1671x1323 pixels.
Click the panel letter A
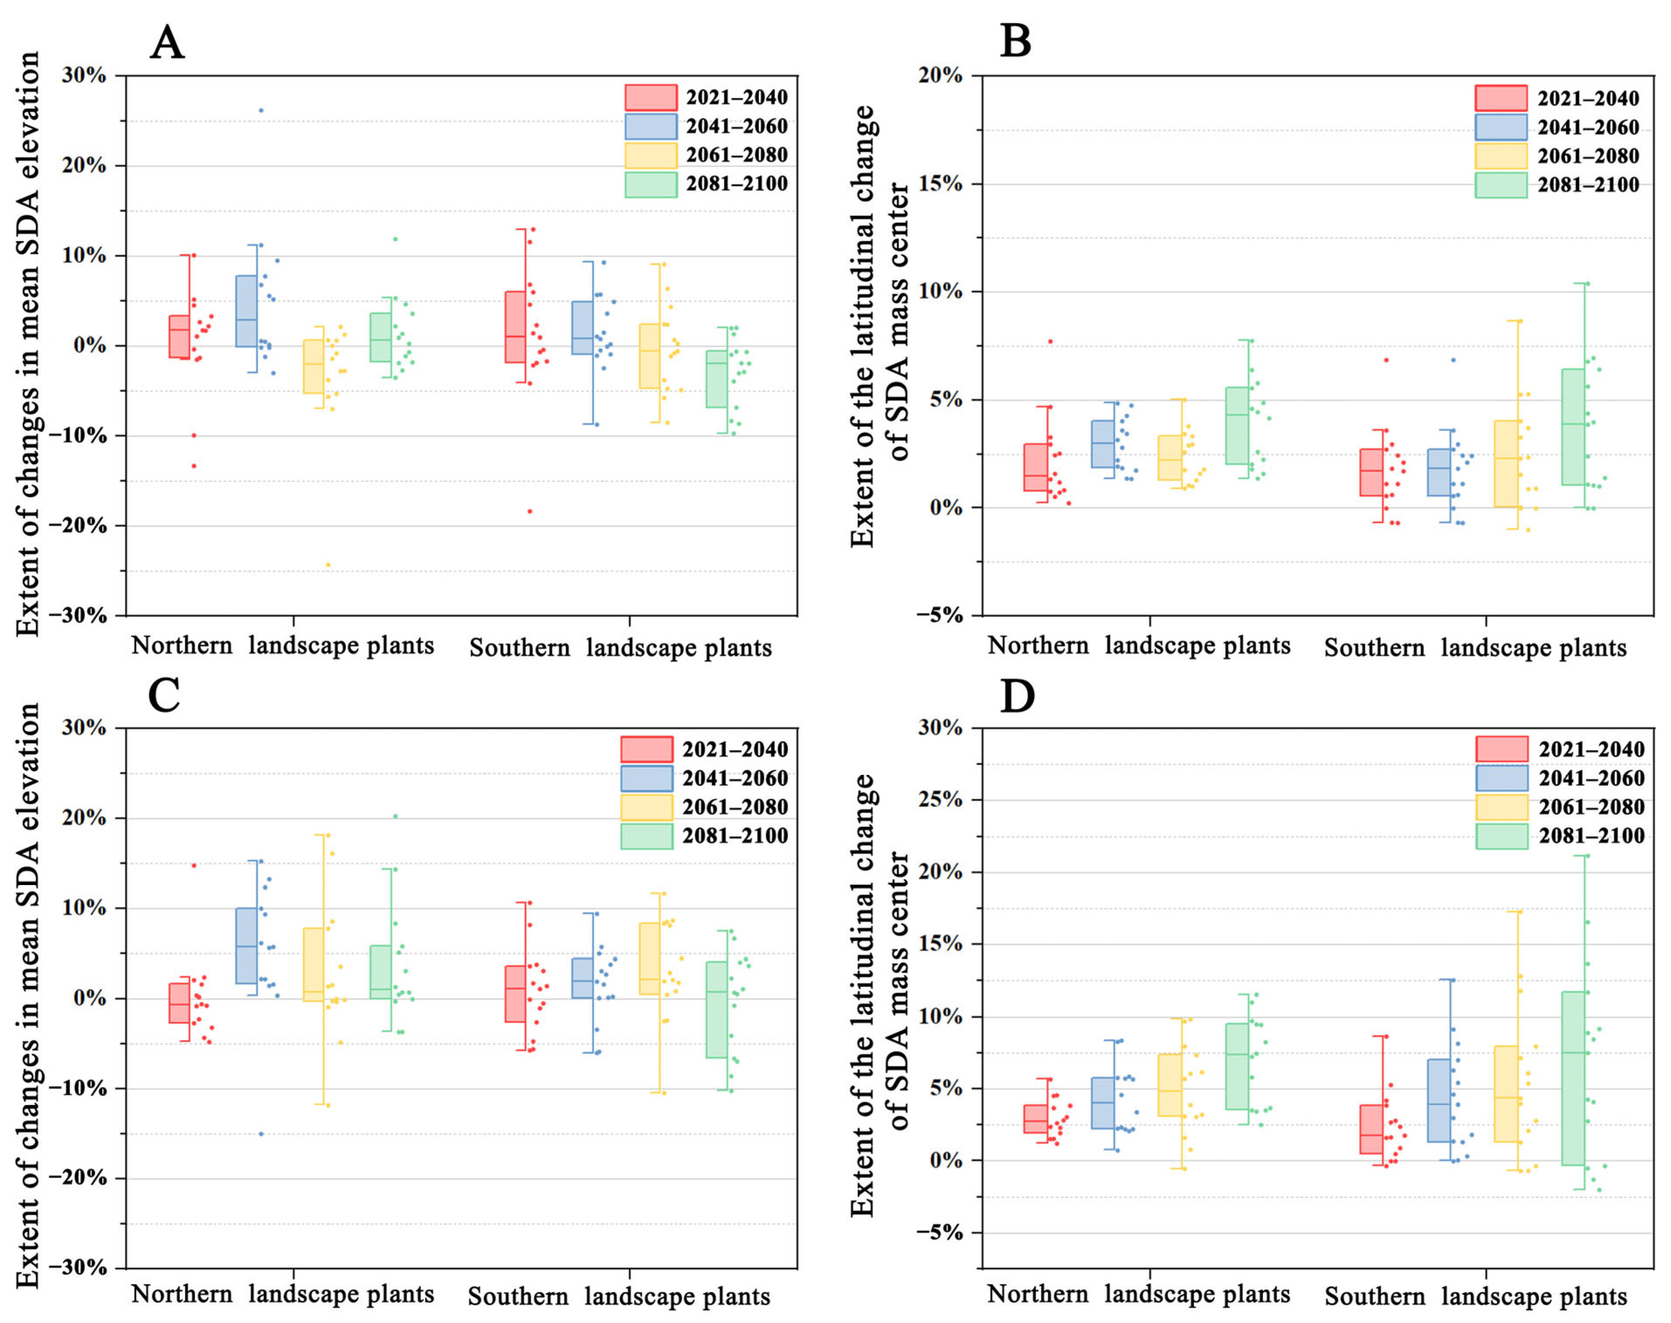pos(167,43)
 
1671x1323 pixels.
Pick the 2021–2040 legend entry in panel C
pos(704,749)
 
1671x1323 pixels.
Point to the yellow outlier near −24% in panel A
pos(328,565)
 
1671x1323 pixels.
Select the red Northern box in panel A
pos(180,336)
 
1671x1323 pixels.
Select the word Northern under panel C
pos(182,1294)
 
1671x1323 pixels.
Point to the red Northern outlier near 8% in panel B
pos(1050,341)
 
